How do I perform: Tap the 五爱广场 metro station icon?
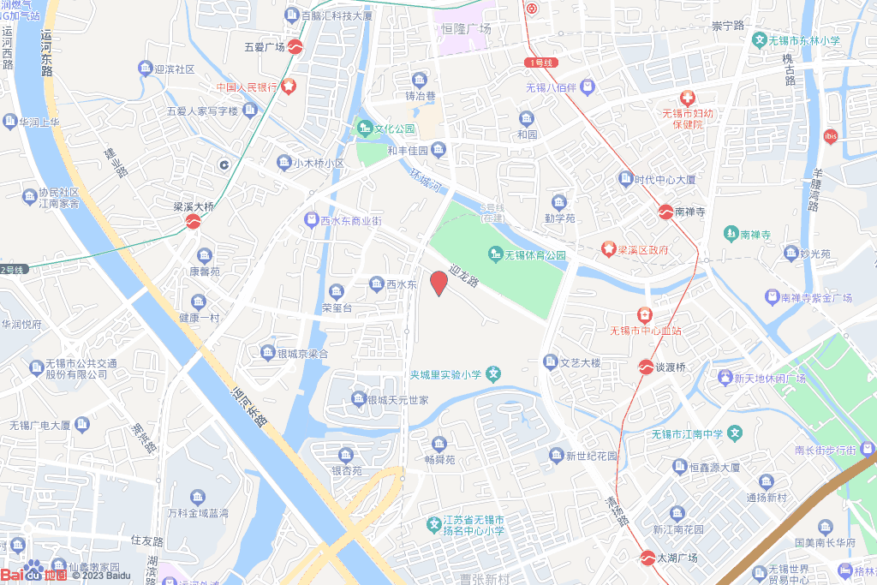click(295, 46)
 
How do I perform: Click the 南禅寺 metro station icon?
click(665, 212)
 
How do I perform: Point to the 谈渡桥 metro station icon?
click(645, 367)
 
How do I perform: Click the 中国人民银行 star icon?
click(289, 87)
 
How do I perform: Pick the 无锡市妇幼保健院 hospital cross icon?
click(687, 98)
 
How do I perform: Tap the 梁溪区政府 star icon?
click(608, 249)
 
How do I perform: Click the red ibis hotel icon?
click(829, 135)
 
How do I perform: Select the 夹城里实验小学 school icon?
click(493, 373)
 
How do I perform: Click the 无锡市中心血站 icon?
click(644, 314)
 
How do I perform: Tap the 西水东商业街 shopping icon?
click(311, 220)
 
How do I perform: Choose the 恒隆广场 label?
click(466, 29)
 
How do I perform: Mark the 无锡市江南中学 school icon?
click(734, 434)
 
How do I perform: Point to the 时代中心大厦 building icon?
click(625, 180)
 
